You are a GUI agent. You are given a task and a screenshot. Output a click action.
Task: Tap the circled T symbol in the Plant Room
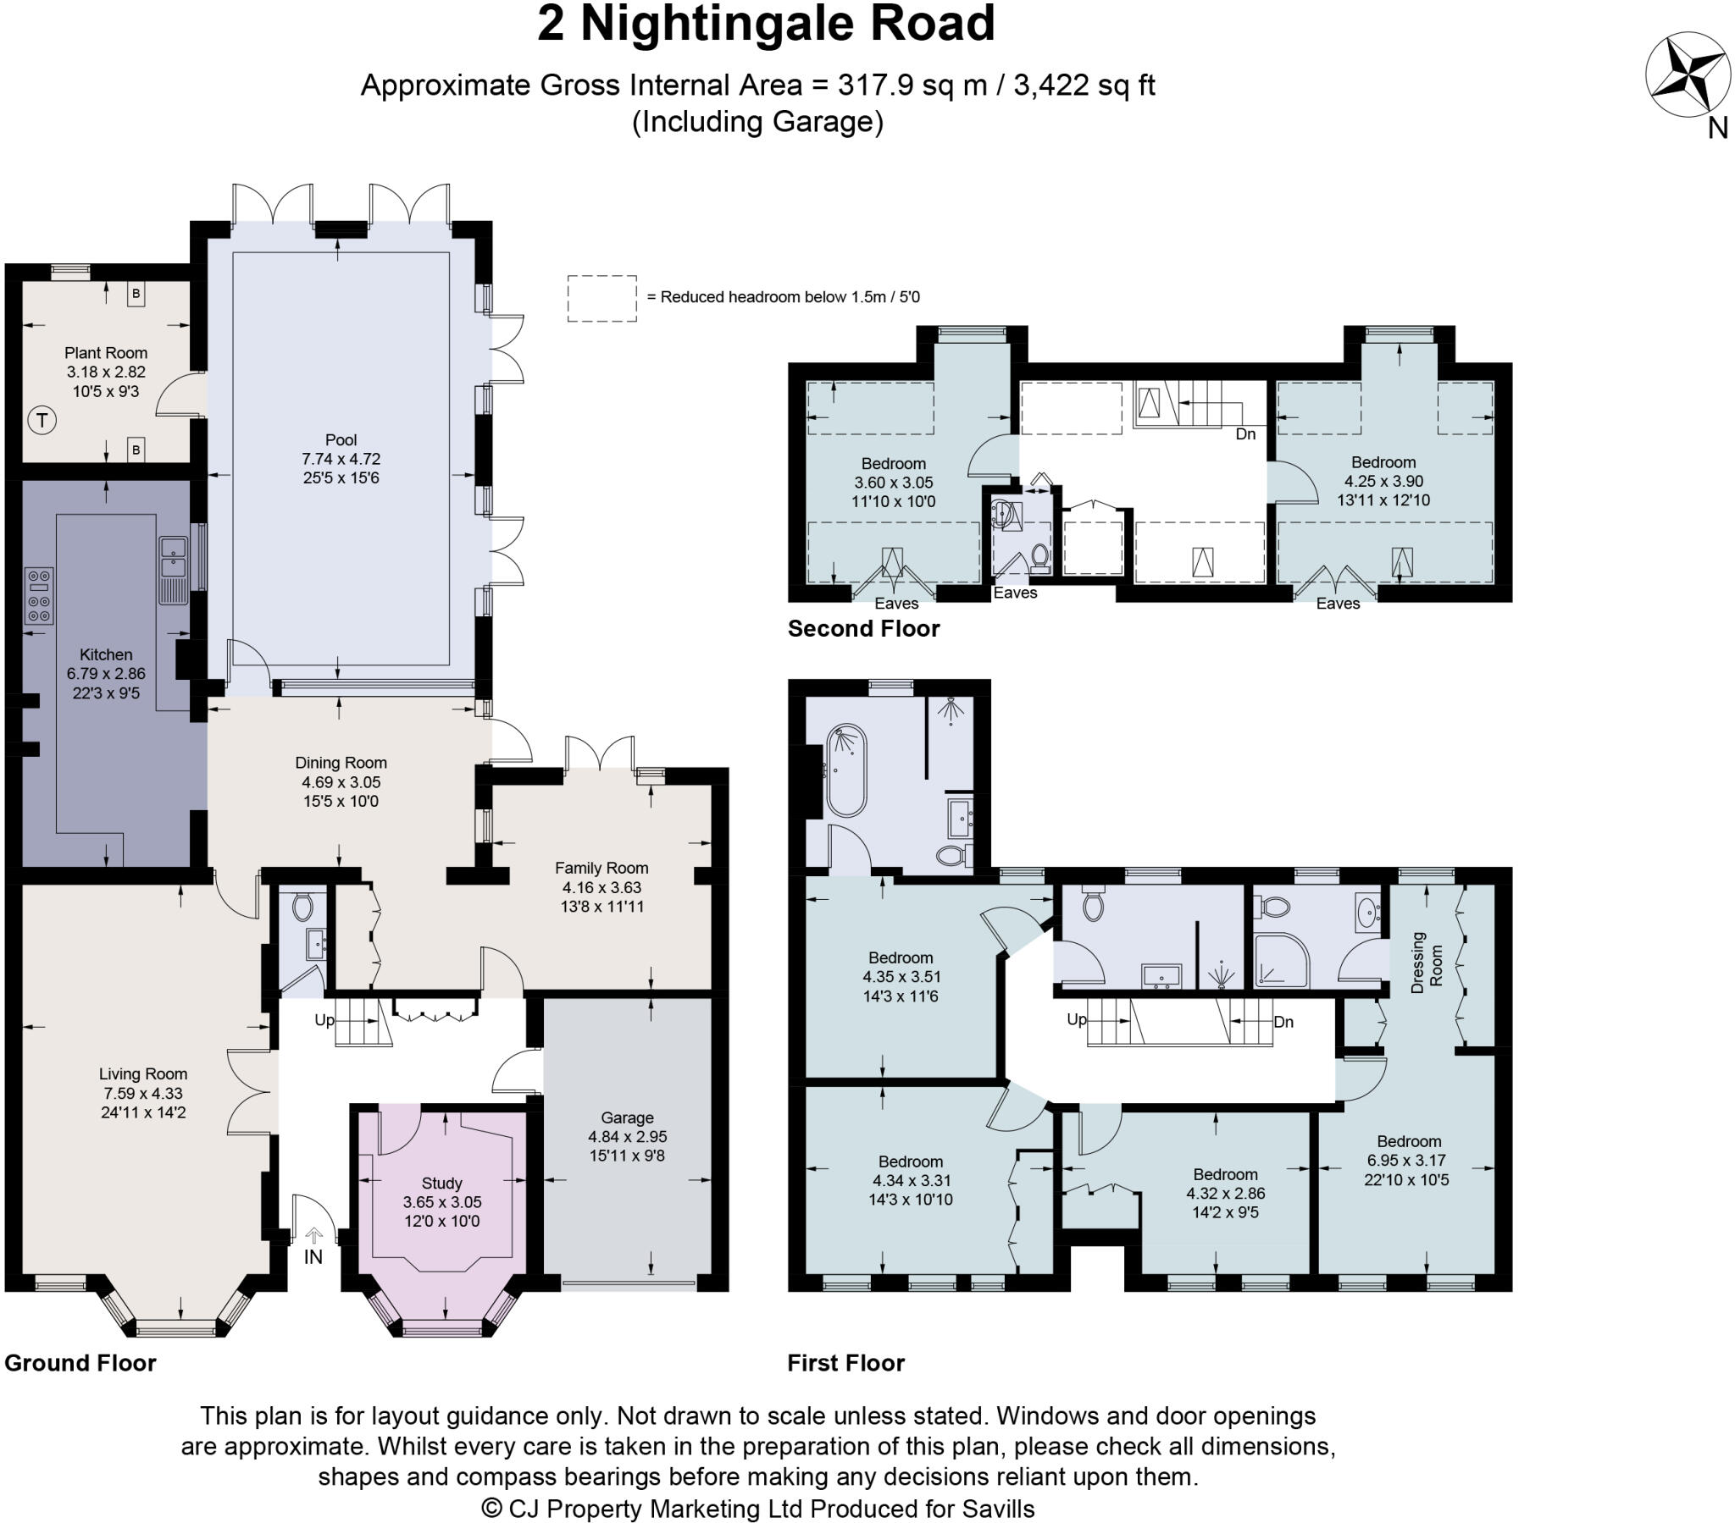pyautogui.click(x=42, y=419)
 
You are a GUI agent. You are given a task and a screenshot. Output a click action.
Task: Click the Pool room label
pyautogui.click(x=341, y=439)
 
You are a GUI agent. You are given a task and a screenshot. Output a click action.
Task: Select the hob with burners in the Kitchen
pyautogui.click(x=39, y=596)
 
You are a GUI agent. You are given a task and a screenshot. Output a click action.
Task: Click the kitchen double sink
pyautogui.click(x=172, y=557)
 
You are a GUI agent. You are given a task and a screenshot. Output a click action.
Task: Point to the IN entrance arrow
pyautogui.click(x=313, y=1235)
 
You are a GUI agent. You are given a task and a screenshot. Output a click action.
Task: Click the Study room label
pyautogui.click(x=441, y=1183)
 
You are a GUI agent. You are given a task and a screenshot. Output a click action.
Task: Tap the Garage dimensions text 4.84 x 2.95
pyautogui.click(x=627, y=1136)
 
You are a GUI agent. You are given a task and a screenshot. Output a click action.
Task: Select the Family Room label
pyautogui.click(x=601, y=868)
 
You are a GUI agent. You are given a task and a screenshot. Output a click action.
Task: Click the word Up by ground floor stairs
pyautogui.click(x=324, y=1020)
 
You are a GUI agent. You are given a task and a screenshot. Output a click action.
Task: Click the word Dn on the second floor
pyautogui.click(x=1245, y=433)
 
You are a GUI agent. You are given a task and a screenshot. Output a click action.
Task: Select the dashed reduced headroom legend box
pyautogui.click(x=601, y=298)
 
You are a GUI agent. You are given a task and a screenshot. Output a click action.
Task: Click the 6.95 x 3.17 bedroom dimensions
pyautogui.click(x=1406, y=1160)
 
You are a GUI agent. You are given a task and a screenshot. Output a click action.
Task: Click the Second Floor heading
pyautogui.click(x=863, y=629)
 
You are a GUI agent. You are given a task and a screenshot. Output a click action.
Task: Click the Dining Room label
pyautogui.click(x=341, y=763)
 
